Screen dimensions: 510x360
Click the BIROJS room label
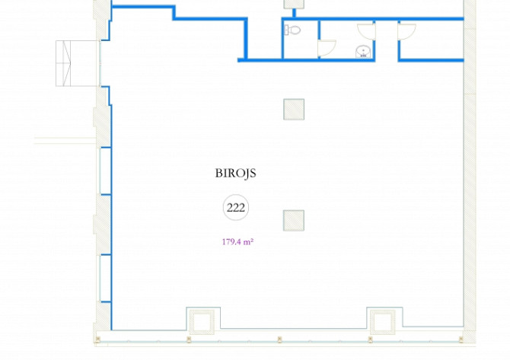tap(235, 173)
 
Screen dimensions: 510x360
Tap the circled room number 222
tap(236, 208)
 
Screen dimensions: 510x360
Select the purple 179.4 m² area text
tap(237, 242)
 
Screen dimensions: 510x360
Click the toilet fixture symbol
tap(292, 30)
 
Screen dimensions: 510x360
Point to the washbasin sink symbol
tap(363, 52)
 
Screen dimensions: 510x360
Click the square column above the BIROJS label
tap(294, 110)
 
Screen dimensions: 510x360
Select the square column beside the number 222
tap(294, 221)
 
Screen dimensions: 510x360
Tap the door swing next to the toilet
tap(327, 48)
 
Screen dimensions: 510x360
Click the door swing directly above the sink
tap(367, 32)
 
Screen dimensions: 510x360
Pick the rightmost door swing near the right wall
tap(407, 32)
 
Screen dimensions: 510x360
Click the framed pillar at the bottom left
tap(202, 322)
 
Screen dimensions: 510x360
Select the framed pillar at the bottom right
tap(383, 322)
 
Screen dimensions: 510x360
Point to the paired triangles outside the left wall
tap(67, 63)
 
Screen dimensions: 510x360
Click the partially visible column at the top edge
tap(294, 4)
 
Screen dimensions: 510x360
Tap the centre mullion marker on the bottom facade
tap(279, 339)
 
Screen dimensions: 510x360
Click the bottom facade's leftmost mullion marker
tap(97, 339)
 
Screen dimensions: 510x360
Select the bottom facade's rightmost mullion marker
tap(461, 339)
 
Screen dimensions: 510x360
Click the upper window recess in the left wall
tap(105, 171)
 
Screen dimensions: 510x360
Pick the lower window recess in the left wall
tap(105, 279)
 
